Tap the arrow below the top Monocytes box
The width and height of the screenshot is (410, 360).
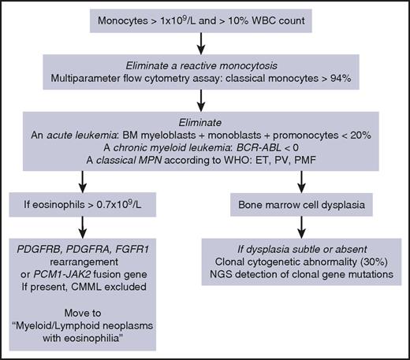[x=205, y=46]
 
